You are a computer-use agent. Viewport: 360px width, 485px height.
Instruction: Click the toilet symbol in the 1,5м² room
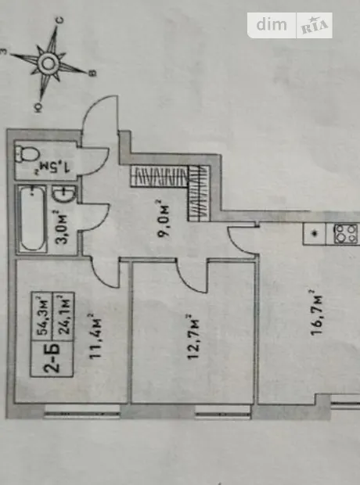pos(28,154)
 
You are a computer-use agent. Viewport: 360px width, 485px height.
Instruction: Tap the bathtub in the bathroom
pos(32,218)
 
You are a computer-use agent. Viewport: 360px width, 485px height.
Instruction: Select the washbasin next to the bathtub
pos(63,194)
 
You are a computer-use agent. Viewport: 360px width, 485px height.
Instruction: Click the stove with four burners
pos(346,234)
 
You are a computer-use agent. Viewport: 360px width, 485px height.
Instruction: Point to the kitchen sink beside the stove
pos(315,234)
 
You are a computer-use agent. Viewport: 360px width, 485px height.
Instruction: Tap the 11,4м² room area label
pos(95,336)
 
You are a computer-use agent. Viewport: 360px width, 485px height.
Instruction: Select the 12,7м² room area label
pos(193,336)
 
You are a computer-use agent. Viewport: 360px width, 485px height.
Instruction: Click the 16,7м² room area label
pos(316,312)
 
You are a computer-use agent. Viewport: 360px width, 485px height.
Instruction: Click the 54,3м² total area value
pos(43,317)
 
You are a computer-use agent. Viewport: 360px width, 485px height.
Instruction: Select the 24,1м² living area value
pos(64,315)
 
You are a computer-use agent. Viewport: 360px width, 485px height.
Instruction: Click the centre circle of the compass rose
pos(49,63)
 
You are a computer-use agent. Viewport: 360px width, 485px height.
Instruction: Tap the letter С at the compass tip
pos(60,20)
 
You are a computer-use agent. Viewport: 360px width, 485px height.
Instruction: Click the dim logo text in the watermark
pos(272,25)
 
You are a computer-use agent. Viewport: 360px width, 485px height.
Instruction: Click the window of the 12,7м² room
pos(223,411)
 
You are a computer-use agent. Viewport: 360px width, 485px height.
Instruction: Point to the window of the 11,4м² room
pos(81,411)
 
